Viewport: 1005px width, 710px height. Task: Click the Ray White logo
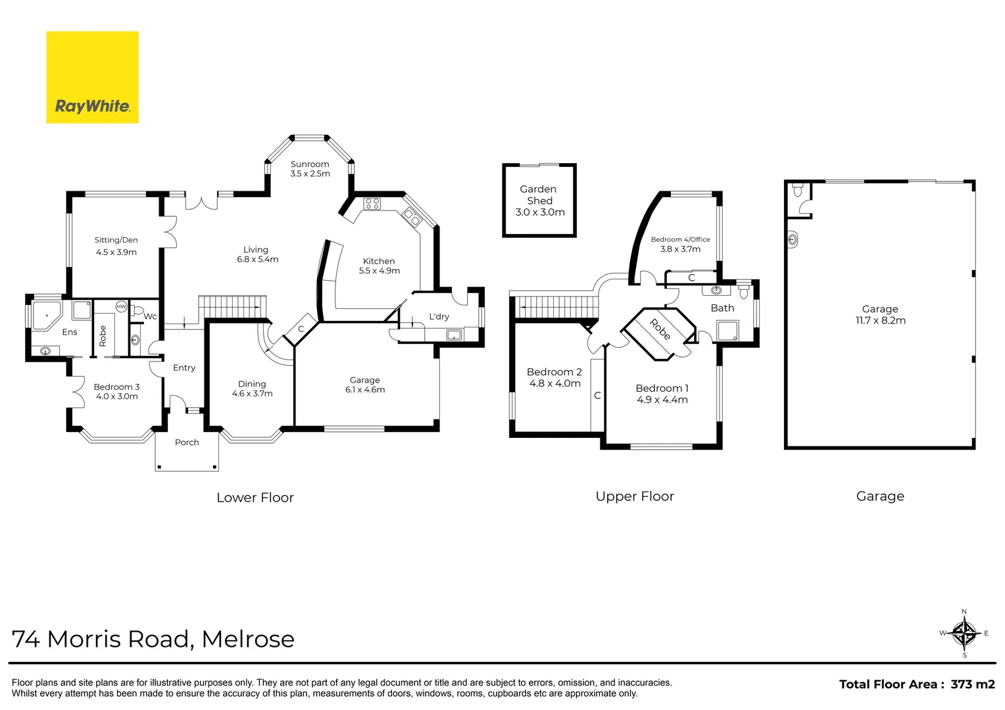coord(92,78)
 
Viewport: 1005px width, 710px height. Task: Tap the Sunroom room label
coord(310,164)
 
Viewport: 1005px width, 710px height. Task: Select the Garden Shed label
coord(539,195)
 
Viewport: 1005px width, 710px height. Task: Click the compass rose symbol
coord(964,634)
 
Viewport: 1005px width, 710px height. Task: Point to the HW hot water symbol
coord(121,306)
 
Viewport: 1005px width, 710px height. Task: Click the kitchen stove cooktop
coord(372,204)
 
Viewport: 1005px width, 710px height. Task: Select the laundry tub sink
coord(453,335)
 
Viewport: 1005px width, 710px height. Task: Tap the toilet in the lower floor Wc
coord(137,311)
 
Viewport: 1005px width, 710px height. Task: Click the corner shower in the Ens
coord(45,316)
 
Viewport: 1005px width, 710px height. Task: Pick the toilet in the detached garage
coord(798,191)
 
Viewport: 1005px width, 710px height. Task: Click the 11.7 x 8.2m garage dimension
coord(880,321)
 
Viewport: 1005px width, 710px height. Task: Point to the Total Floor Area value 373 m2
coord(973,684)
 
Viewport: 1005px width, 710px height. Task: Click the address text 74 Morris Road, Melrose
coord(153,639)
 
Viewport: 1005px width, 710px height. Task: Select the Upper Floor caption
coord(635,496)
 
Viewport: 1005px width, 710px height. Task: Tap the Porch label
coord(187,442)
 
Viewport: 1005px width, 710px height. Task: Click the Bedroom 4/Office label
coord(680,239)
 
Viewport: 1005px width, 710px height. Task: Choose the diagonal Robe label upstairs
coord(660,329)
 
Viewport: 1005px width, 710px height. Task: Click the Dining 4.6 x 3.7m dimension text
coord(252,394)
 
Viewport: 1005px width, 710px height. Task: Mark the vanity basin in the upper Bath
coord(716,290)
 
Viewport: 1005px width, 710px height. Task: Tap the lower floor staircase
coord(232,306)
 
